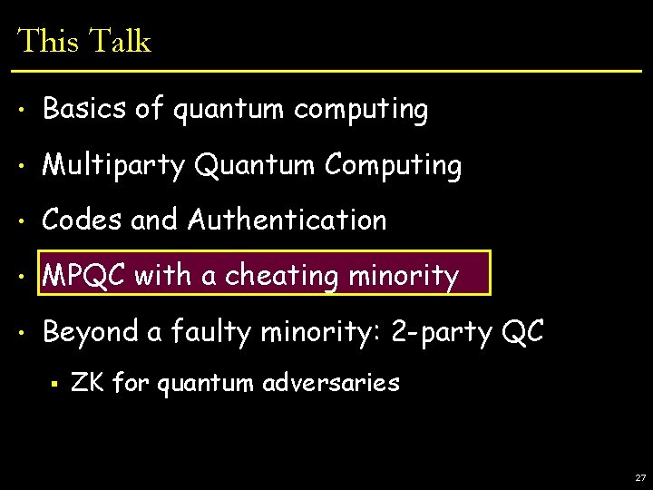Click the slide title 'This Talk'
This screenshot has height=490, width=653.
[83, 41]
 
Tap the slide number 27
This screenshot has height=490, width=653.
[640, 477]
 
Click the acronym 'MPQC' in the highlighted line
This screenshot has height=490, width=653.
[83, 275]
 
